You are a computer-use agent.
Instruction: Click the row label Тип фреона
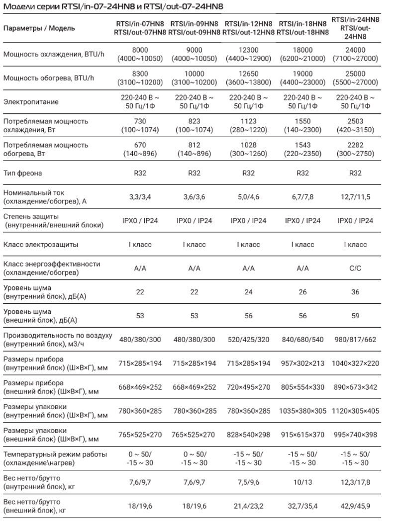[x=22, y=173]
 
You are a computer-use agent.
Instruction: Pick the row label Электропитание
[x=31, y=102]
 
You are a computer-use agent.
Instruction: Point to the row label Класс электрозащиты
[x=41, y=245]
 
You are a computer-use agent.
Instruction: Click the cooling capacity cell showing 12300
[x=248, y=50]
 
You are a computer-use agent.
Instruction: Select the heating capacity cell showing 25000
[x=355, y=74]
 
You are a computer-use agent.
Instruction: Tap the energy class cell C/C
[x=355, y=268]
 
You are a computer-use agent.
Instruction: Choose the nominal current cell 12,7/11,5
[x=355, y=197]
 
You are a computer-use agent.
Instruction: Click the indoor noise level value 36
[x=355, y=292]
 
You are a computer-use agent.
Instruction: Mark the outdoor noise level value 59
[x=355, y=316]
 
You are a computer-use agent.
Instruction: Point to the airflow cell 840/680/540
[x=302, y=340]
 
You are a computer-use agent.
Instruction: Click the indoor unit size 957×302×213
[x=302, y=363]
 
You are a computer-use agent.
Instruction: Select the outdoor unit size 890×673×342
[x=355, y=387]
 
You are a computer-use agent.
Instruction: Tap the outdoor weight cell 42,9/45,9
[x=355, y=507]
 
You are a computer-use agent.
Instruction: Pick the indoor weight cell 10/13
[x=302, y=483]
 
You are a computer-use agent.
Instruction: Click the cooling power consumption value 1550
[x=302, y=121]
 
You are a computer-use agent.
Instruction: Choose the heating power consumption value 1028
[x=248, y=145]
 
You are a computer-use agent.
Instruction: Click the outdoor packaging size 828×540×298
[x=248, y=435]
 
